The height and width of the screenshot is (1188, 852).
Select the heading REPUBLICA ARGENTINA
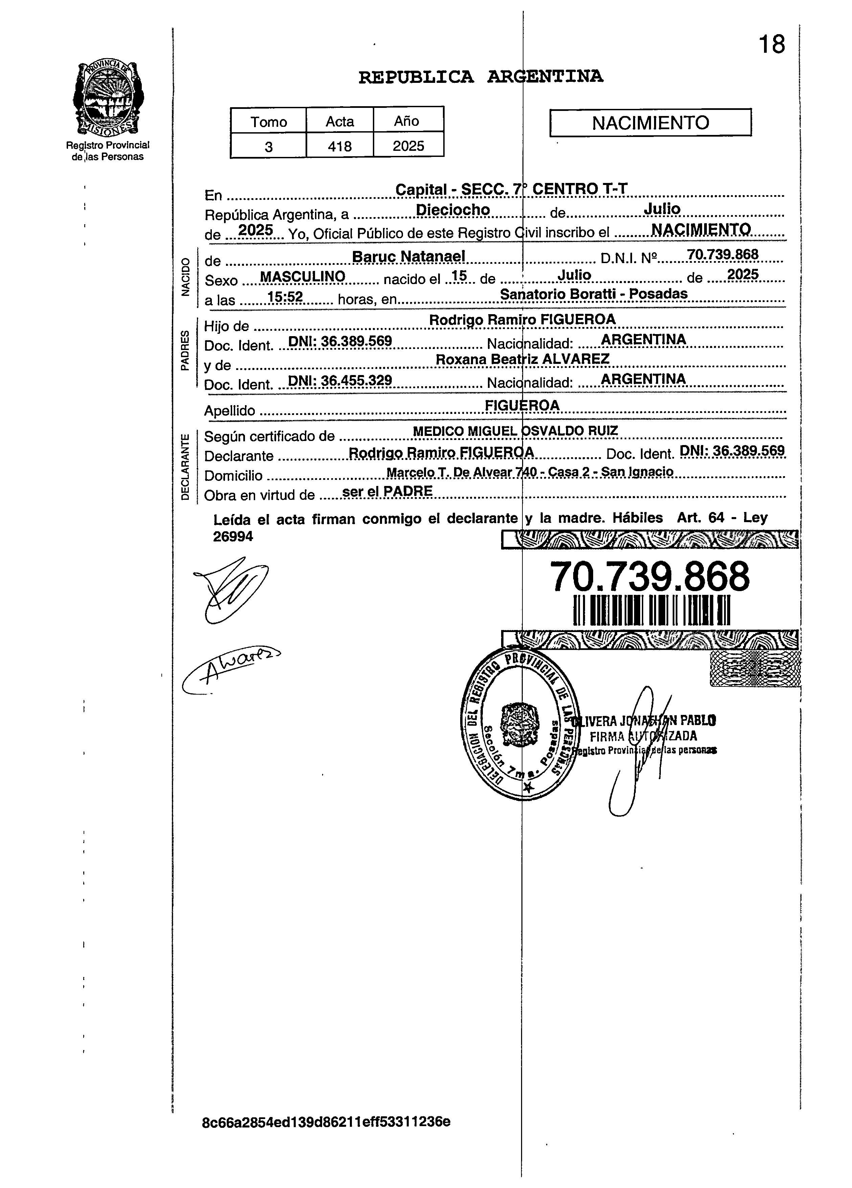480,77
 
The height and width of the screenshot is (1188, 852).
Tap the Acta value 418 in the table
339,146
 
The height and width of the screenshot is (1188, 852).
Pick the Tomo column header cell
268,121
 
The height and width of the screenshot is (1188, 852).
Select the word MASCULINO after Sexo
303,277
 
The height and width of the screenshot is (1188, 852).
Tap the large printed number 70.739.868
650,576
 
